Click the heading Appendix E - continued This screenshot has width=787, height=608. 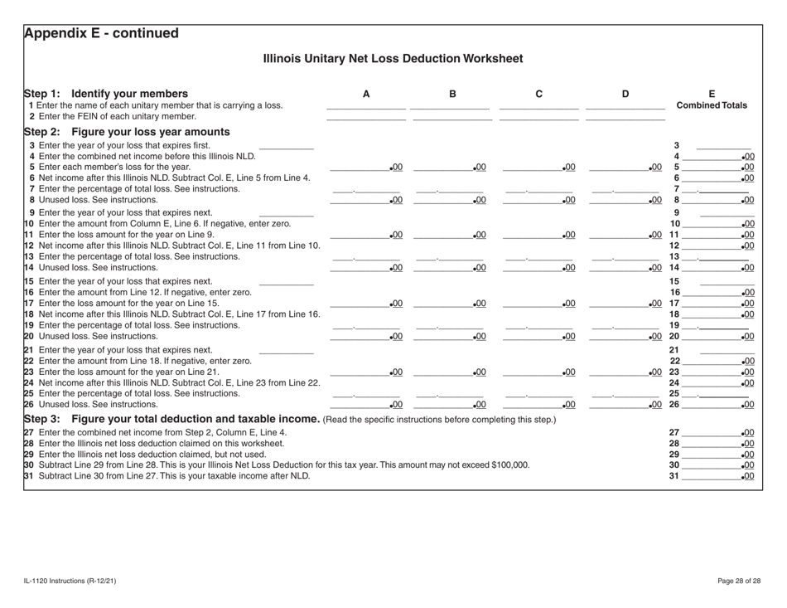pos(101,33)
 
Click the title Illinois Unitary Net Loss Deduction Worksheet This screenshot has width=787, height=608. pos(393,59)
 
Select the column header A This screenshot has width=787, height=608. pos(366,95)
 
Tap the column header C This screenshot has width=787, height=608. pos(538,95)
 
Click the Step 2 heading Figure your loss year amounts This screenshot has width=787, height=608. pos(151,131)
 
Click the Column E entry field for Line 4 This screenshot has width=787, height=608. pos(711,156)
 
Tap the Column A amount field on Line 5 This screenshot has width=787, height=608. pos(360,168)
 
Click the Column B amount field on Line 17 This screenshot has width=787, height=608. pos(447,304)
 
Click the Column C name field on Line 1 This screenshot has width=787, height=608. pos(538,108)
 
